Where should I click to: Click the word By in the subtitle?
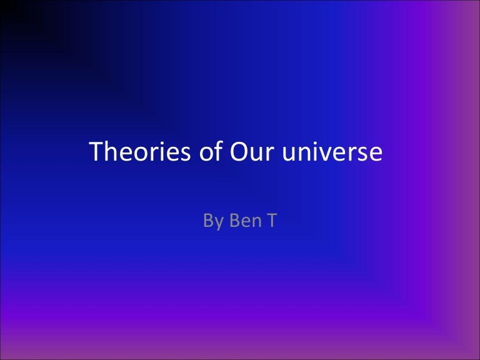coord(212,221)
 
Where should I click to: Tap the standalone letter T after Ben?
coord(271,221)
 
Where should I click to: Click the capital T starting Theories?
coord(97,153)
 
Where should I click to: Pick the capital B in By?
coord(207,221)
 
